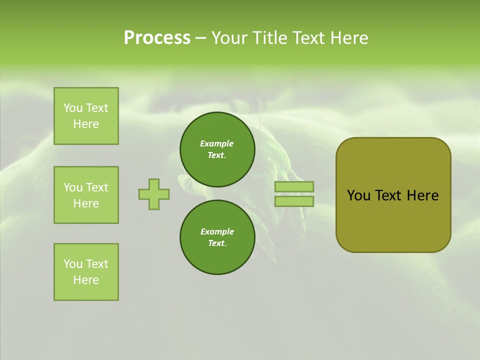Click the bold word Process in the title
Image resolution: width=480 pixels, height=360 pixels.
[x=157, y=38]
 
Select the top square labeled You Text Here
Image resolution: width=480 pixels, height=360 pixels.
[x=86, y=116]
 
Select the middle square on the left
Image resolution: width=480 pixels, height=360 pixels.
[x=86, y=195]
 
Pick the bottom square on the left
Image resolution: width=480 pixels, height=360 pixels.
[x=86, y=272]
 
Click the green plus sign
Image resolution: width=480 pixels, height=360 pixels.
[x=154, y=194]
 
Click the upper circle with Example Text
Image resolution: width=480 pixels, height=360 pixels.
[x=217, y=149]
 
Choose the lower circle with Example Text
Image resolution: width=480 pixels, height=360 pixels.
[x=217, y=237]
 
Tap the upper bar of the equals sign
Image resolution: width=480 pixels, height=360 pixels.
[x=294, y=186]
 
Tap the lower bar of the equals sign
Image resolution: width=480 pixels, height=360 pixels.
[x=294, y=201]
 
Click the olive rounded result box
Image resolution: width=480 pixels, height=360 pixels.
[x=393, y=195]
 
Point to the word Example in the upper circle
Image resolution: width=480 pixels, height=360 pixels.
[x=217, y=143]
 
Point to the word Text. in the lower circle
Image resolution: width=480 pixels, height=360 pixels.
[x=217, y=243]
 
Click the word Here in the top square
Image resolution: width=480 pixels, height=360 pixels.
[x=86, y=124]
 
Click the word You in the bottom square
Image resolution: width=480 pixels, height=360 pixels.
[x=73, y=264]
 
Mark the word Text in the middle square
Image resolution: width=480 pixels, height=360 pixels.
[x=96, y=187]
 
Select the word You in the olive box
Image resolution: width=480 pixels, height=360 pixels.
[x=358, y=195]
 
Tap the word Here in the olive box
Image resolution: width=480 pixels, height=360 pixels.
[x=422, y=195]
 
